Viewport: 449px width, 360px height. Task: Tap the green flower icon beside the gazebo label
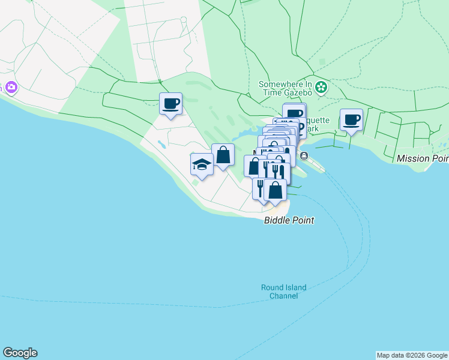point(321,88)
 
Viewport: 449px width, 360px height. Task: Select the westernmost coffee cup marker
point(171,104)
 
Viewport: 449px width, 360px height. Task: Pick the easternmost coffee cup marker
point(351,119)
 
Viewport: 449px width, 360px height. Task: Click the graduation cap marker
point(202,164)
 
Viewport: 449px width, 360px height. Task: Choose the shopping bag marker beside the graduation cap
point(223,154)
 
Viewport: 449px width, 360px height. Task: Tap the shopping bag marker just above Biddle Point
point(275,190)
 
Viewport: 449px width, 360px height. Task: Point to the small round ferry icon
point(304,157)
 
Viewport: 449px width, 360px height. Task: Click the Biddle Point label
point(289,221)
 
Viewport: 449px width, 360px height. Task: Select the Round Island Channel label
point(283,292)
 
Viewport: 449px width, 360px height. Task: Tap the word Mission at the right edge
point(414,158)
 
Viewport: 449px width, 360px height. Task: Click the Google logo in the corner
point(20,353)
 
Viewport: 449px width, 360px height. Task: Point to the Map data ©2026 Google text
point(412,355)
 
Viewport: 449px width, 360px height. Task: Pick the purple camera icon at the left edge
point(11,88)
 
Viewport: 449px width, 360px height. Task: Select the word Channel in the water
point(284,296)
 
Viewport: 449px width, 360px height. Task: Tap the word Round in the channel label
point(272,287)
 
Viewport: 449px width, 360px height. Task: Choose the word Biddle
point(277,221)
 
